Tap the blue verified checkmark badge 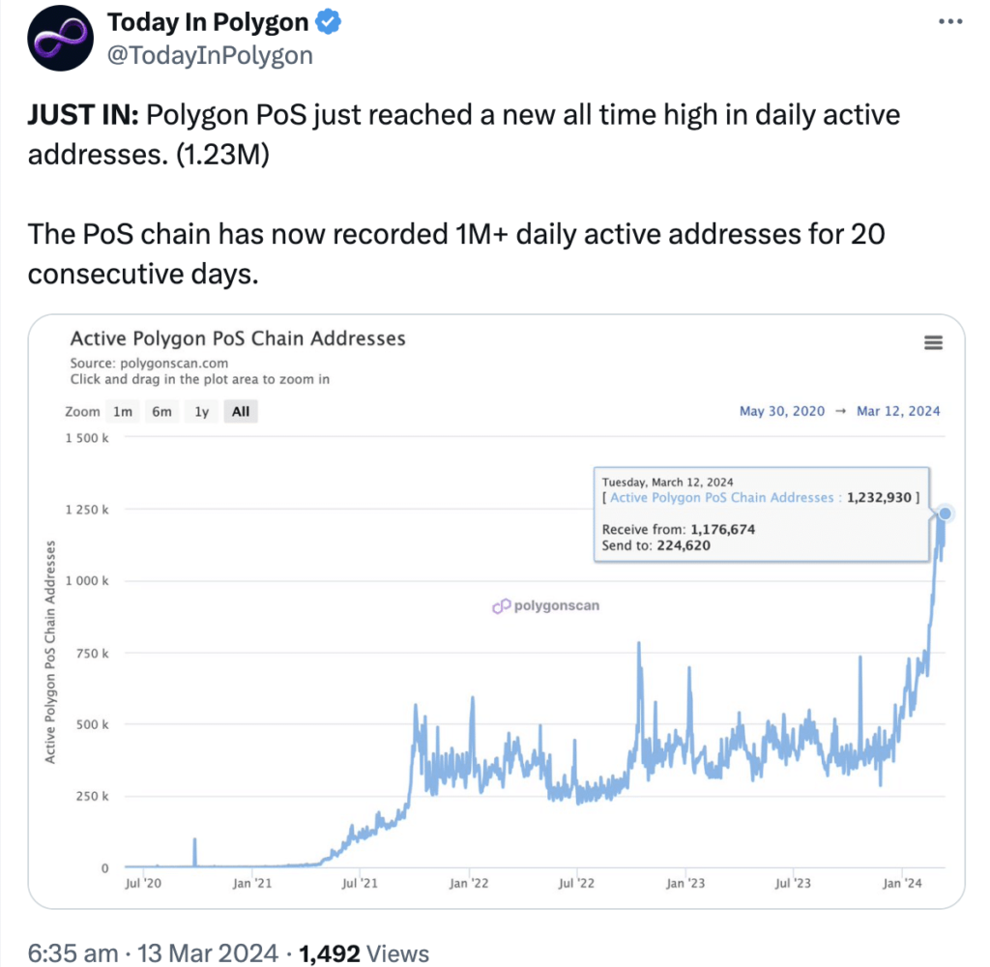(331, 22)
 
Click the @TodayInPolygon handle (209, 55)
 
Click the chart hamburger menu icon (933, 342)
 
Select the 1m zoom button (123, 411)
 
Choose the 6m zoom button (161, 411)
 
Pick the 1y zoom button (201, 411)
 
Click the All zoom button (241, 411)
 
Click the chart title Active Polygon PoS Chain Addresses (238, 338)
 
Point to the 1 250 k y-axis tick (87, 510)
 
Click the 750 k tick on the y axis (93, 653)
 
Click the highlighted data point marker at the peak (946, 513)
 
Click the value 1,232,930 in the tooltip (880, 497)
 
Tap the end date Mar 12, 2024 (898, 411)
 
